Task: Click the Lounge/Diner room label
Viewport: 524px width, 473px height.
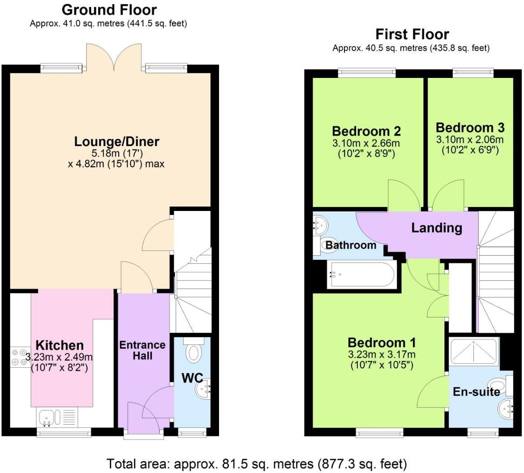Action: pyautogui.click(x=116, y=142)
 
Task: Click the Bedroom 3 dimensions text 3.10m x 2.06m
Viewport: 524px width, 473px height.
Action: pyautogui.click(x=470, y=140)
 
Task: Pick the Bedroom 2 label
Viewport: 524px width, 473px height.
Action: pyautogui.click(x=366, y=131)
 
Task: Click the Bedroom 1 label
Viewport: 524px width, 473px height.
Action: pyautogui.click(x=382, y=343)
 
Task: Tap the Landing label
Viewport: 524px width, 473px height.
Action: pyautogui.click(x=437, y=228)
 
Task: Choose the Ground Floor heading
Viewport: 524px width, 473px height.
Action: pyautogui.click(x=109, y=9)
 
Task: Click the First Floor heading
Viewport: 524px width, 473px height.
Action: pyautogui.click(x=412, y=34)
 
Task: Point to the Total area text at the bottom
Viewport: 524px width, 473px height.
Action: pyautogui.click(x=257, y=463)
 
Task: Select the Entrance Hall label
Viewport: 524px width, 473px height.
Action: pyautogui.click(x=142, y=350)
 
